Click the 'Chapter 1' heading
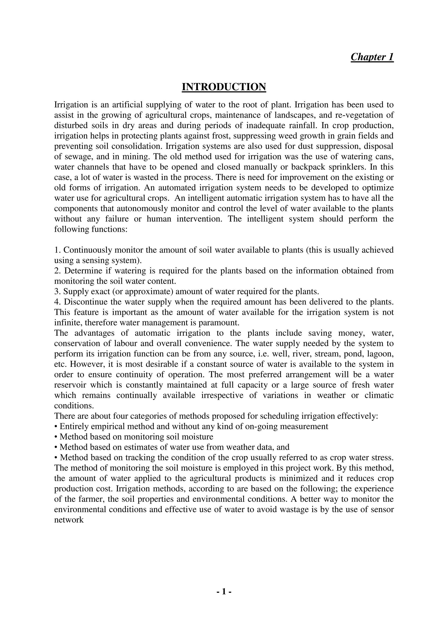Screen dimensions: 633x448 click(x=372, y=57)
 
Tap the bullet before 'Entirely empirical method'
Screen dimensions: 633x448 click(x=56, y=427)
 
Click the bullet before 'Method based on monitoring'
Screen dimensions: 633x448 click(x=56, y=437)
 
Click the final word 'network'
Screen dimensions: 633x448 click(x=69, y=520)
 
